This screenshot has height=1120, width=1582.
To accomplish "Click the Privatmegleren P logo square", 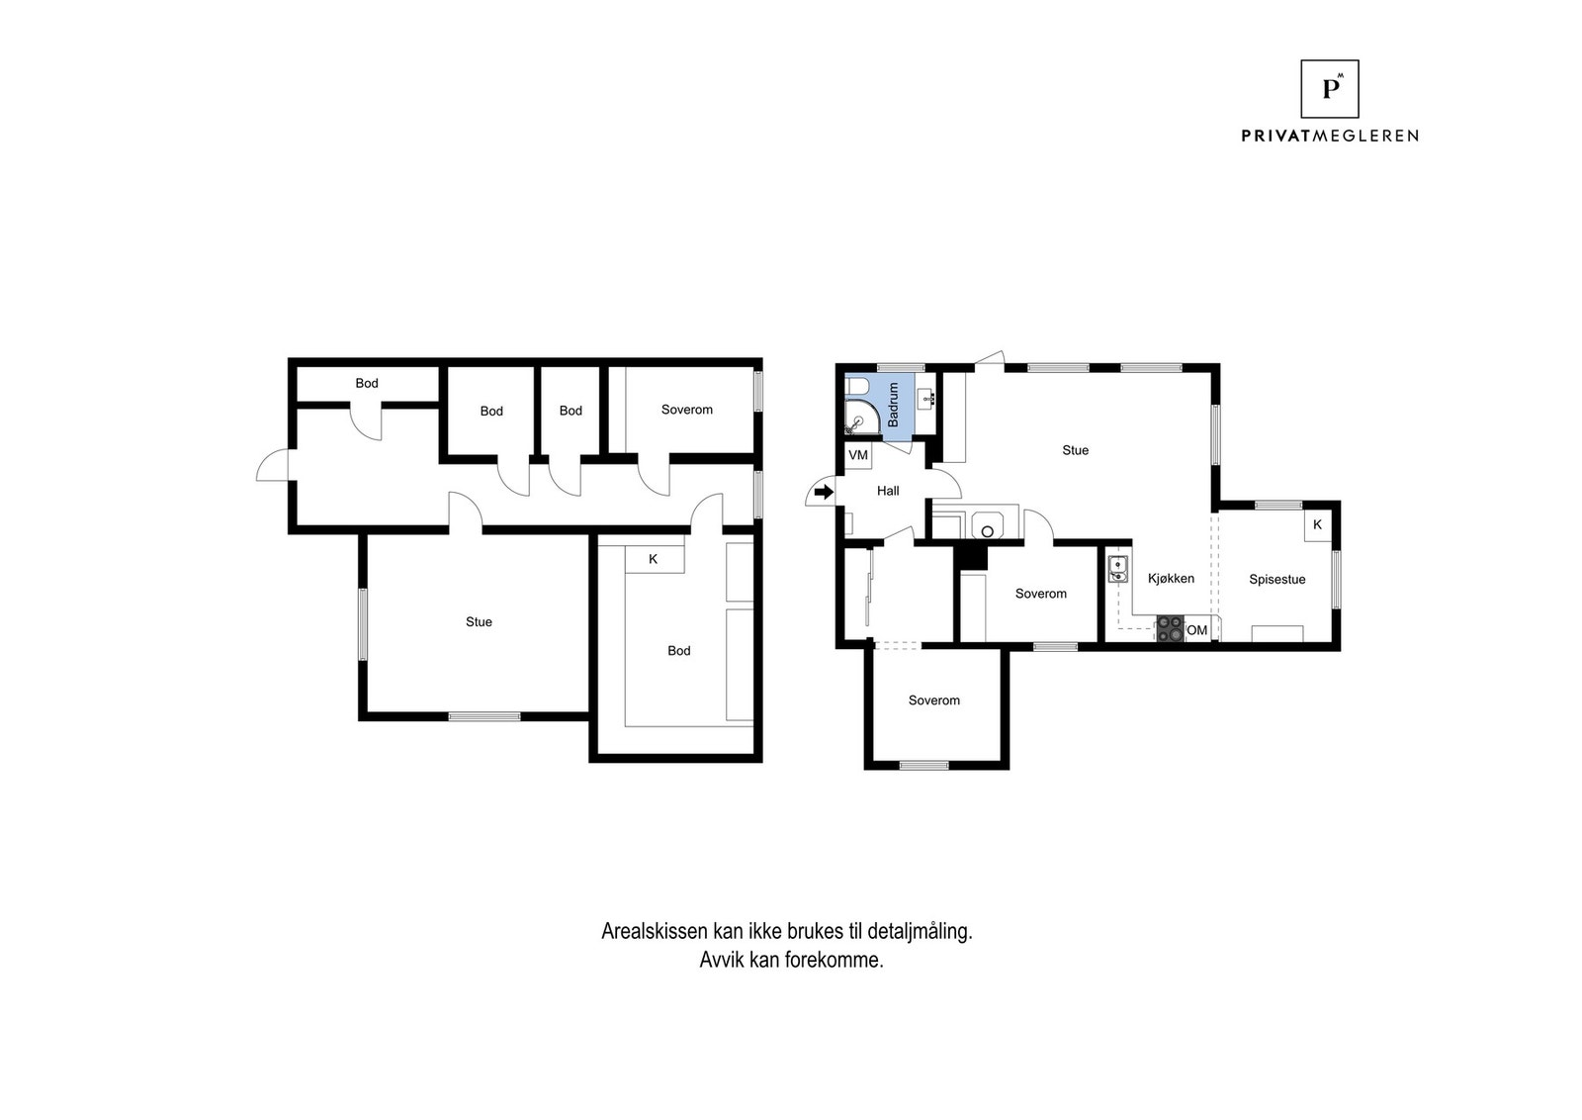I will (x=1329, y=89).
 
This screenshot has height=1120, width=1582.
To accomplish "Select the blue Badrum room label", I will (x=894, y=405).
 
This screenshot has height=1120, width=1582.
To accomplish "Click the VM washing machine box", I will (x=858, y=455).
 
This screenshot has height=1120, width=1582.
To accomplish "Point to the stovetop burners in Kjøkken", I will (x=1170, y=630).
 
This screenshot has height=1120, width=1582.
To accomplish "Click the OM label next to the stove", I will (x=1197, y=630).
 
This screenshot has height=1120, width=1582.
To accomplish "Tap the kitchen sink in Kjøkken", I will (x=1118, y=569).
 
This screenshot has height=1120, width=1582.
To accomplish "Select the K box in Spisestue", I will (x=1317, y=525).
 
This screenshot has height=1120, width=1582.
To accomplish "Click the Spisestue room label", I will (x=1276, y=580).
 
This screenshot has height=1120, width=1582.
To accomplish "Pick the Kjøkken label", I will (x=1171, y=579).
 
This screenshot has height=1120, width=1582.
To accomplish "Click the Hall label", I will (x=888, y=491).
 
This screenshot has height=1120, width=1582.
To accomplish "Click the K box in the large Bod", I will (x=654, y=560).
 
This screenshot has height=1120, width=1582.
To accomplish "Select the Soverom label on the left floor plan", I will (x=686, y=410).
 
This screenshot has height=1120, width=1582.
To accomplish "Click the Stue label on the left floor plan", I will (x=479, y=622).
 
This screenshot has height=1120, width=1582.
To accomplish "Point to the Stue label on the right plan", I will (x=1075, y=450).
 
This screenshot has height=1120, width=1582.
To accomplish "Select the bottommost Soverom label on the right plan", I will (x=933, y=700).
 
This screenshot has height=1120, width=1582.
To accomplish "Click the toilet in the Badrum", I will (x=856, y=385).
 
